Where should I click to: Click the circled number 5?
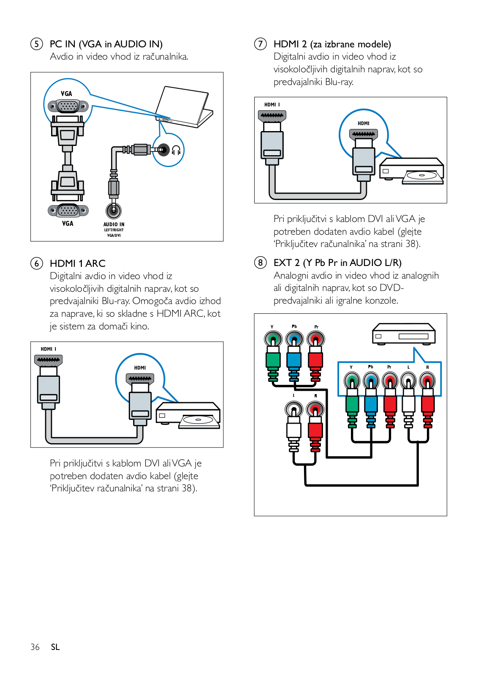coord(37,44)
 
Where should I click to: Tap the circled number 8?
coord(261,263)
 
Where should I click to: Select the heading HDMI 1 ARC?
coord(78,263)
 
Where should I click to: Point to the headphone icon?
coord(176,150)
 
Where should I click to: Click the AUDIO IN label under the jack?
coord(114,225)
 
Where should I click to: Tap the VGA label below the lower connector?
coord(68,224)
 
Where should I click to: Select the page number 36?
coord(35,647)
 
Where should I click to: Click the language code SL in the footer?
coord(55,647)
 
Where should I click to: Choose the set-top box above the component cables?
coord(403,334)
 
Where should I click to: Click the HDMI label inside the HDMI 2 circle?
coord(364,123)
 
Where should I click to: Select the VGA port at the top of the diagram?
coord(68,106)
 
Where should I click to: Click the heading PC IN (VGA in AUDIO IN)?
coord(106,44)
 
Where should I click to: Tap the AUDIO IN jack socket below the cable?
coord(114,210)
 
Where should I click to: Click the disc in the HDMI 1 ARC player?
coord(198,419)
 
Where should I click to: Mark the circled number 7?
coord(261,44)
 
